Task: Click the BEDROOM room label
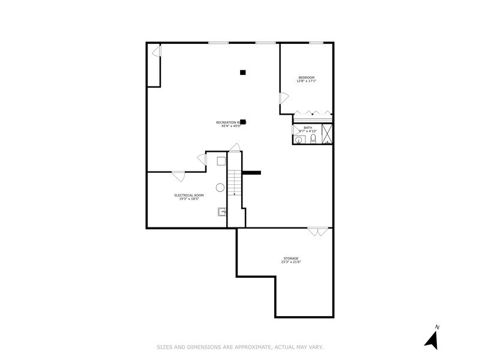(x=306, y=77)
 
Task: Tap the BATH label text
(x=307, y=127)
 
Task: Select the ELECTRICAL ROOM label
(x=189, y=195)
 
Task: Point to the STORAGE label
(x=291, y=259)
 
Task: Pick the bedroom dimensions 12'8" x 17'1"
(x=306, y=82)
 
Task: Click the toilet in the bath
(x=313, y=139)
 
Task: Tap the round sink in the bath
(x=298, y=140)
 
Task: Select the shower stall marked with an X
(x=328, y=133)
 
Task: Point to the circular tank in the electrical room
(x=220, y=187)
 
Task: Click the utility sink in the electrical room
(x=222, y=211)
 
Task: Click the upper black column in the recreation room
(x=243, y=73)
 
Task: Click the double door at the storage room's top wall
(x=318, y=231)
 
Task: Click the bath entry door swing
(x=296, y=129)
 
